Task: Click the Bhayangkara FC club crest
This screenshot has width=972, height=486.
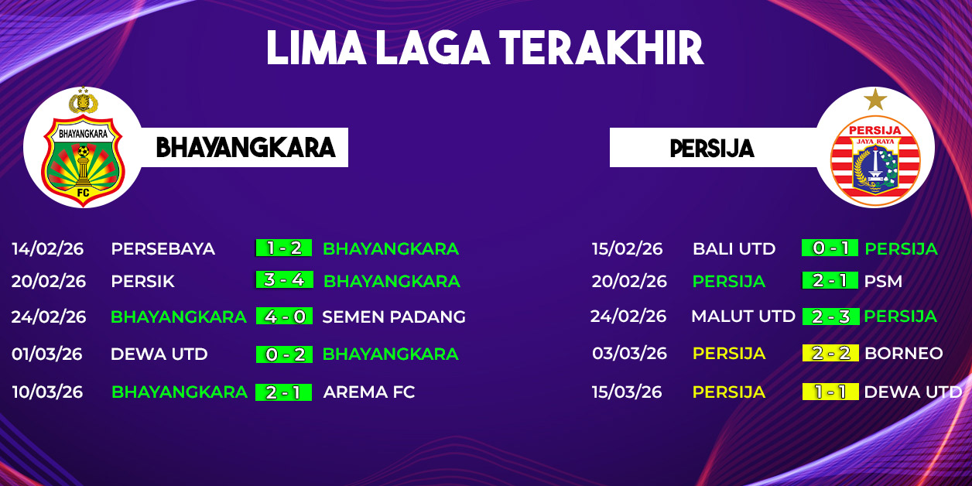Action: (83, 148)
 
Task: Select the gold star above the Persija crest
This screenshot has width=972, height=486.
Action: (875, 99)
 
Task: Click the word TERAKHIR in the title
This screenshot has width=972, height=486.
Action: (601, 48)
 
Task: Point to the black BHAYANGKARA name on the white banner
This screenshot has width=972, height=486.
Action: (245, 148)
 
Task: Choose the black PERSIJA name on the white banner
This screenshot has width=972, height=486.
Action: (712, 149)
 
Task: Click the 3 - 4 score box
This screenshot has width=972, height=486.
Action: (284, 280)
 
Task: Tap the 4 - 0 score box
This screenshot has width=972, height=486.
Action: (284, 316)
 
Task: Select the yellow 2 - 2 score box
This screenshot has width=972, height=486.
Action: (830, 353)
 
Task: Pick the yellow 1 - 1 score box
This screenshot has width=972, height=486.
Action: (830, 392)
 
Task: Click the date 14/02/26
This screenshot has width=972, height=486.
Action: (48, 248)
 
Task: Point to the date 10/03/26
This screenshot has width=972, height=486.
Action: (47, 392)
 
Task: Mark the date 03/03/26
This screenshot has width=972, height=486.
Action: (629, 353)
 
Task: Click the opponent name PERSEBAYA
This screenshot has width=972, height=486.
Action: (163, 248)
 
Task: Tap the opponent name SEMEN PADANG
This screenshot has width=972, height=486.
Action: (394, 317)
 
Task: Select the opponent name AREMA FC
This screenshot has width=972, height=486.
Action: (369, 392)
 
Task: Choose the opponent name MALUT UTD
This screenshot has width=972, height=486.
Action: (744, 317)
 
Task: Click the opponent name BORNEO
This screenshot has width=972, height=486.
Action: (904, 353)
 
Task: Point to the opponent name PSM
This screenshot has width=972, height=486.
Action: (884, 281)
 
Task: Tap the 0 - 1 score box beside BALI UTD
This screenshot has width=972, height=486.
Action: (830, 248)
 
